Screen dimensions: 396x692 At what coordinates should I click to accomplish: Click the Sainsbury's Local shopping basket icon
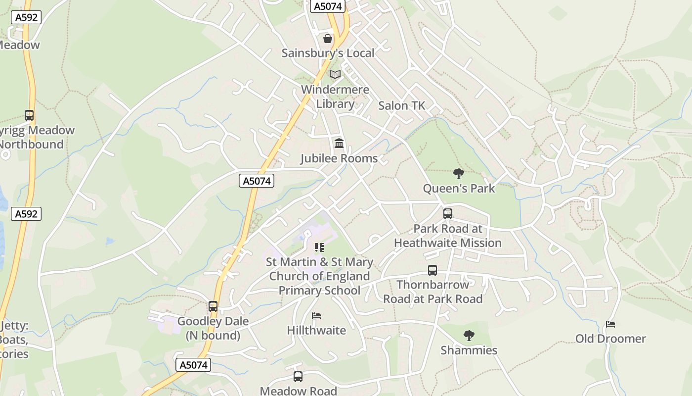coord(327,39)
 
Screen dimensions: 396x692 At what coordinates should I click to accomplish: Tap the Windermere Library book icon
coord(335,75)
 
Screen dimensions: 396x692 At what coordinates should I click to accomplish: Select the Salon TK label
coord(401,105)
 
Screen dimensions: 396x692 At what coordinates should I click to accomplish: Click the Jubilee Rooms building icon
coord(339,144)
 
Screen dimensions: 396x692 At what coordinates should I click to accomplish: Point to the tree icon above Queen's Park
coord(459,173)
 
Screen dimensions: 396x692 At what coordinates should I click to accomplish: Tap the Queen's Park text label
coord(459,189)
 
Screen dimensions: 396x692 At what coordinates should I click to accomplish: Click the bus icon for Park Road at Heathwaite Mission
coord(447,214)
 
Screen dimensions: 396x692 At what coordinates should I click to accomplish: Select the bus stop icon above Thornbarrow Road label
coord(432,270)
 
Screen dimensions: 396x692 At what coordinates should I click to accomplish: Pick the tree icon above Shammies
coord(469,336)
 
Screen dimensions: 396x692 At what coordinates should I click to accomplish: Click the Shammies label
coord(469,350)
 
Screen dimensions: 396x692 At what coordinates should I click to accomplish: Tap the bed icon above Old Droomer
coord(610,325)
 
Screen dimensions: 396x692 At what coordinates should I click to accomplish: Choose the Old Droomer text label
coord(610,339)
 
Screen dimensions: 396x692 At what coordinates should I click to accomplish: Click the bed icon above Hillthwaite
coord(316,316)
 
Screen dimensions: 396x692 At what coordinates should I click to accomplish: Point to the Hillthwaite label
coord(316,330)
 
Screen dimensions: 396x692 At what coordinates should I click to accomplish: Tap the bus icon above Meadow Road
coord(298,377)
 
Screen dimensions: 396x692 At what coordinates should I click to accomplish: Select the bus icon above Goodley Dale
coord(213,306)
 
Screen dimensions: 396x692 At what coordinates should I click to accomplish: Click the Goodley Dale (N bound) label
coord(213,328)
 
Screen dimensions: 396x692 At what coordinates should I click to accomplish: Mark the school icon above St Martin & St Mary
coord(319,247)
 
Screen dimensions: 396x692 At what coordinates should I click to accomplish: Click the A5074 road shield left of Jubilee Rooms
coord(257,181)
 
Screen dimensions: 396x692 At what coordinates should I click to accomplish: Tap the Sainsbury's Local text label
coord(328,53)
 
